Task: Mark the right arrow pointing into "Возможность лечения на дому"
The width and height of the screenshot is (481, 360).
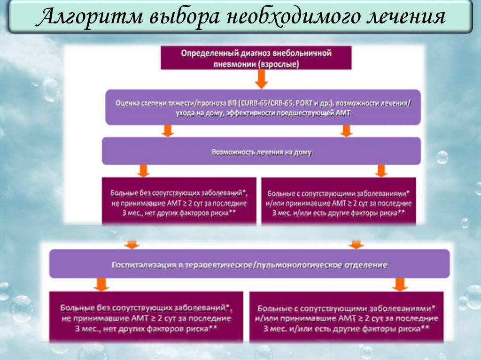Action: coord(346,130)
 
